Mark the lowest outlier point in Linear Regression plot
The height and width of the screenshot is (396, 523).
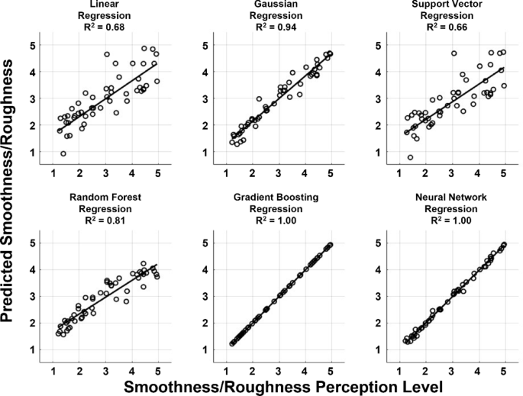coord(63,153)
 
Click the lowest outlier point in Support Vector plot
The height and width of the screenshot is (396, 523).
coord(410,158)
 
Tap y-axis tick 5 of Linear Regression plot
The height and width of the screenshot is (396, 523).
coord(33,46)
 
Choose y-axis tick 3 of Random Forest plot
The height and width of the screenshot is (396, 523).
coord(33,297)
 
